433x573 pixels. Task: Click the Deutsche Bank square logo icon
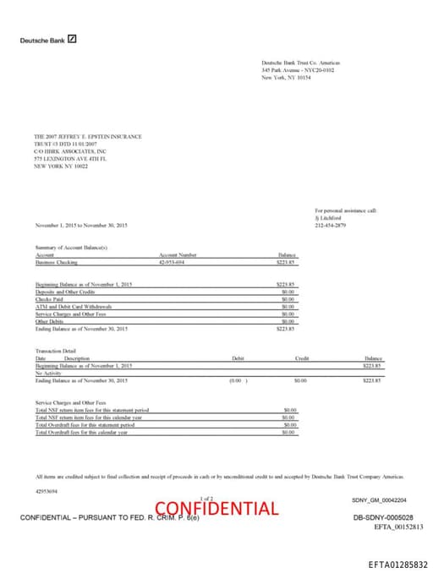point(73,39)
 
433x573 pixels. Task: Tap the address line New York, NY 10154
point(287,77)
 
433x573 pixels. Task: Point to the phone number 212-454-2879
point(331,202)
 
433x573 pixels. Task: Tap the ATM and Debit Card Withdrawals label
point(74,305)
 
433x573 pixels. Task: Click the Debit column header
point(238,358)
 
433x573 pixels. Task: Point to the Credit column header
point(301,358)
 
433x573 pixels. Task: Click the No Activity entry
point(48,373)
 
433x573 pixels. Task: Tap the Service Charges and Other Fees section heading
point(71,402)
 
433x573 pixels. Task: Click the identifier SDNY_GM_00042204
point(384,500)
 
